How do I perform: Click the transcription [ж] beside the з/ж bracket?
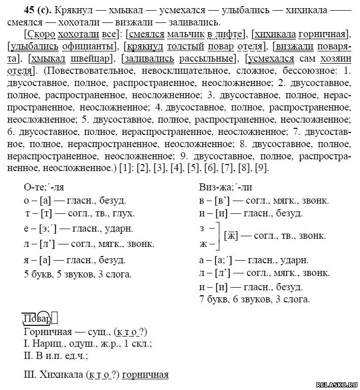pos(232,236)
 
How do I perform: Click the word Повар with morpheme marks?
pos(37,319)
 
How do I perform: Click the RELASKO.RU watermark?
pos(334,384)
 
